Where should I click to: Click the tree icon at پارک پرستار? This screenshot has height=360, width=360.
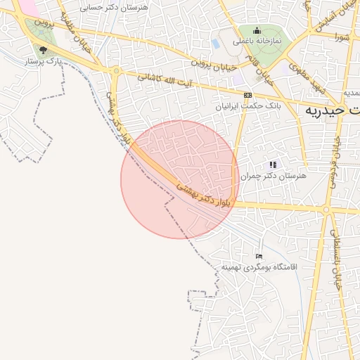(x=44, y=50)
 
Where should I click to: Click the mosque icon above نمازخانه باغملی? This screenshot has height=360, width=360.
(x=257, y=30)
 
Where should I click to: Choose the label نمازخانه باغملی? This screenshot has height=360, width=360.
(x=257, y=41)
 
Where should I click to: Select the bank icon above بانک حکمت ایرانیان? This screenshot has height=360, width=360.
(x=247, y=94)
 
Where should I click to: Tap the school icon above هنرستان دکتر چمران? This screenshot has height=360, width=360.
(x=273, y=165)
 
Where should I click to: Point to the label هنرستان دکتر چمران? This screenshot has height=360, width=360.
(x=274, y=176)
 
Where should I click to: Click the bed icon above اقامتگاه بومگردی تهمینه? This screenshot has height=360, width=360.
(x=259, y=256)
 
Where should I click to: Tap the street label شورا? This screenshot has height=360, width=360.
(x=342, y=37)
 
